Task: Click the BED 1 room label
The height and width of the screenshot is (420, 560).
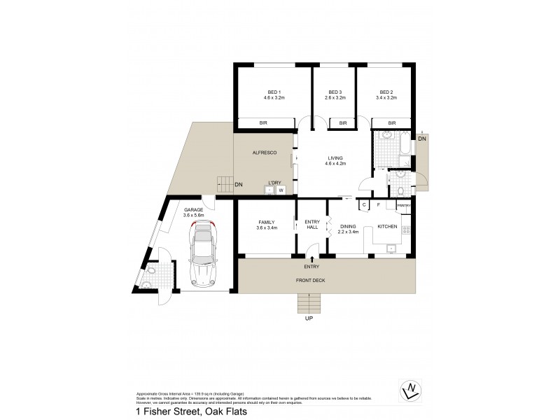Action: click(274, 92)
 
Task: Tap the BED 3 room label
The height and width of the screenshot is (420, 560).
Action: click(335, 92)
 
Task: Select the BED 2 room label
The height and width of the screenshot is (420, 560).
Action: click(387, 92)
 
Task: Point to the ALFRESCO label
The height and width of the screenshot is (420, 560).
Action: click(265, 153)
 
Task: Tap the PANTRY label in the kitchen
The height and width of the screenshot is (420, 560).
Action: click(404, 205)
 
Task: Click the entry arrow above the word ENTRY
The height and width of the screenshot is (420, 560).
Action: click(312, 260)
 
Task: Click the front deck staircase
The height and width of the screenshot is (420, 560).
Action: click(309, 304)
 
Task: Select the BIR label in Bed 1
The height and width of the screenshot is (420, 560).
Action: click(265, 123)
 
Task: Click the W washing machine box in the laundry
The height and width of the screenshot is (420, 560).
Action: click(281, 189)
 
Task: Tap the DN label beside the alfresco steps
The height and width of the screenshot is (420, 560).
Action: click(239, 185)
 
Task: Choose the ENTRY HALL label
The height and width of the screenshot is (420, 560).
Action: click(312, 225)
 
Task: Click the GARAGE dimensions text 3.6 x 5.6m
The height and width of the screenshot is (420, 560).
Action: click(193, 216)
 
